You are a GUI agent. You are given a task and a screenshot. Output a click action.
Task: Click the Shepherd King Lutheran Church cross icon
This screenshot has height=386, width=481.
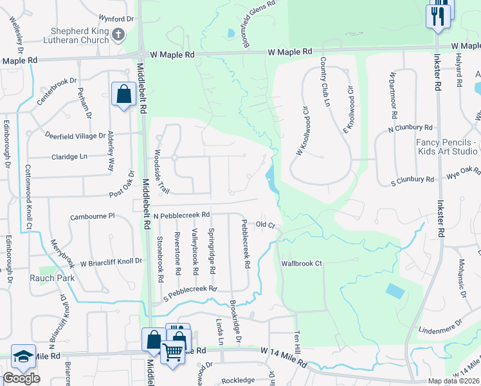coord(117,33)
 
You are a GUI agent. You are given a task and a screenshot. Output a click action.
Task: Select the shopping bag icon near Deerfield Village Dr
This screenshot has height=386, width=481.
coord(122,95)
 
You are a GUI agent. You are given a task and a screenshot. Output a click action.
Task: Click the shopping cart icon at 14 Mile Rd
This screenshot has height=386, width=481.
coord(172,352)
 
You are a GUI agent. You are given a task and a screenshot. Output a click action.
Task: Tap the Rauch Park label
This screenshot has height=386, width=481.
coord(51,279)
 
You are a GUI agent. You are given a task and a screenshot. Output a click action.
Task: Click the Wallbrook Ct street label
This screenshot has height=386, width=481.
coord(301,264)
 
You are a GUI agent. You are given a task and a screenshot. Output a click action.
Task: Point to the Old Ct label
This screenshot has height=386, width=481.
coord(265,225)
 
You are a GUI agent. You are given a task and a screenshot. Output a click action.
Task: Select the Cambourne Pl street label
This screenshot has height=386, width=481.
coord(92,217)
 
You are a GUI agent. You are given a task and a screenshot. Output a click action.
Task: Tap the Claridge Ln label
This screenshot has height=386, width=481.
coord(64,156)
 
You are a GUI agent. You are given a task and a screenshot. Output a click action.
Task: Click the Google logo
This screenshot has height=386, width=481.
coord(21,378)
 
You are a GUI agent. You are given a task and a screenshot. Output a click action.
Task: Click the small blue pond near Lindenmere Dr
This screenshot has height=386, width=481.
coord(395,291)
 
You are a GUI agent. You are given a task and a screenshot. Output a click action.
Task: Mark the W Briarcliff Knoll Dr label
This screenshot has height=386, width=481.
coord(111,262)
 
